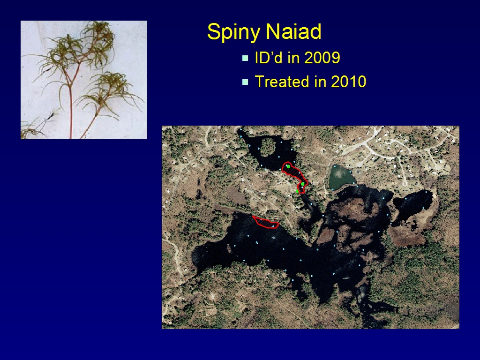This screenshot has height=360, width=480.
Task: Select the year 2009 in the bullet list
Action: (322, 57)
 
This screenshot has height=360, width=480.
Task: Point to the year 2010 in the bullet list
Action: (348, 82)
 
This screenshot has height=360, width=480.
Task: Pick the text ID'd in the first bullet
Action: (268, 57)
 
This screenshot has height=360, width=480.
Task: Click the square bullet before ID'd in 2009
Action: (245, 58)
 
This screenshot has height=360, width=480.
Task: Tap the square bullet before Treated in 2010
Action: (245, 82)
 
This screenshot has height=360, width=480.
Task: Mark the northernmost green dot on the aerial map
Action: (288, 166)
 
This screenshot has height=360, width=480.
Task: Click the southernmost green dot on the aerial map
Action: (297, 191)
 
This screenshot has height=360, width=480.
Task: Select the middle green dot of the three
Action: (302, 184)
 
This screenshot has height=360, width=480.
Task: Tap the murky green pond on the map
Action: (341, 177)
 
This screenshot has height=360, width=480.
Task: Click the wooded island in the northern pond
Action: (268, 147)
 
